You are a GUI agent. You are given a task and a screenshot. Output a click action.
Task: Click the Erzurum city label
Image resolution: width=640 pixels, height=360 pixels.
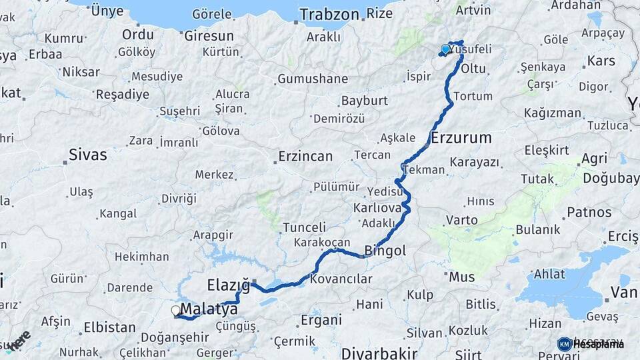coord(461,138)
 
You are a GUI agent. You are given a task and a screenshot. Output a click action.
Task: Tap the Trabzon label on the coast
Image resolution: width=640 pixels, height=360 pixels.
coord(329,14)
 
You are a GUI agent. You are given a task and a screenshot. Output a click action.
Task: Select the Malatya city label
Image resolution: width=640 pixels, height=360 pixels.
coord(209,309)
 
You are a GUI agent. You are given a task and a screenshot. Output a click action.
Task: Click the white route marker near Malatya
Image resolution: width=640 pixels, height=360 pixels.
coord(176,310)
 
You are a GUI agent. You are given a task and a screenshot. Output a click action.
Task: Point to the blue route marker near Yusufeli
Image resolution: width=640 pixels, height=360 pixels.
coord(445,49)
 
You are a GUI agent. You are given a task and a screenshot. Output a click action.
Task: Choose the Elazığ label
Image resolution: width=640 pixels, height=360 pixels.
coord(228,285)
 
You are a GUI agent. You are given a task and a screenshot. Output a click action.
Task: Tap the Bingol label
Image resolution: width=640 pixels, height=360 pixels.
coord(385,251)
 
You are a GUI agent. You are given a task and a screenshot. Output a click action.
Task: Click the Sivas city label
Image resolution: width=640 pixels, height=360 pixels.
coord(87,155)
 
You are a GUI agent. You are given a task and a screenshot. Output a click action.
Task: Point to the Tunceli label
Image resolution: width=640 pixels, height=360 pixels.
coord(304,227)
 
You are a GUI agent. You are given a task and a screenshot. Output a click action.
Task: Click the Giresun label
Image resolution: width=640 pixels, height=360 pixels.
coord(209,35)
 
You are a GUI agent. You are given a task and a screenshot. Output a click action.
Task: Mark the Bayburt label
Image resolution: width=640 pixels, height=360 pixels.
coord(364,101)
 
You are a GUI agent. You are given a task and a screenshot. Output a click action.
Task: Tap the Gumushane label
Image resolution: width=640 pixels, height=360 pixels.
coord(313,79)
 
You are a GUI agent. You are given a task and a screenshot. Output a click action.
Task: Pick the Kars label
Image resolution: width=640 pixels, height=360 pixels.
coord(601,61)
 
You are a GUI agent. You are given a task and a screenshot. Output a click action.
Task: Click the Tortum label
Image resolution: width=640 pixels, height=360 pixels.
coord(473,96)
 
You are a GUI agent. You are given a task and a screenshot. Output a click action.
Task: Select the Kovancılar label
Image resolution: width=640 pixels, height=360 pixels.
coord(341,279)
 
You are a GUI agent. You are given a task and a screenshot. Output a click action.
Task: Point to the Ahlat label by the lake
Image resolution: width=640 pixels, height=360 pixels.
coord(550,275)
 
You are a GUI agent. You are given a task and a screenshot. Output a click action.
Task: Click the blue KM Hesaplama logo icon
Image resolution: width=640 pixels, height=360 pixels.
coord(565,344)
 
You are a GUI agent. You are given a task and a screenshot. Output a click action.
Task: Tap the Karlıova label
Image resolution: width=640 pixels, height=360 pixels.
coord(377,208)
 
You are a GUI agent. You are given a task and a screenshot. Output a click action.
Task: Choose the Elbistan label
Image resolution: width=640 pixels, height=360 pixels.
coord(109,327)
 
